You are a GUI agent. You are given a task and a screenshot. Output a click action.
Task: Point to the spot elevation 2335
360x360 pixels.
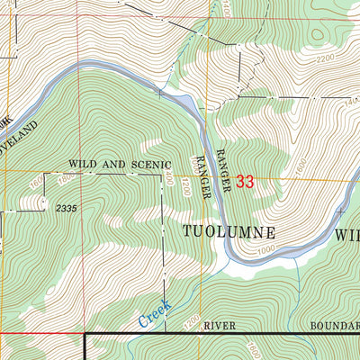pos(67,209)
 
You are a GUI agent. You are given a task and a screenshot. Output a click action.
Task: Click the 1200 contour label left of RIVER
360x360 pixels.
pos(190,320)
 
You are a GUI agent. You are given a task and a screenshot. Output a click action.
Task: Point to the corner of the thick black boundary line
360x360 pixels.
pos(87,334)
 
